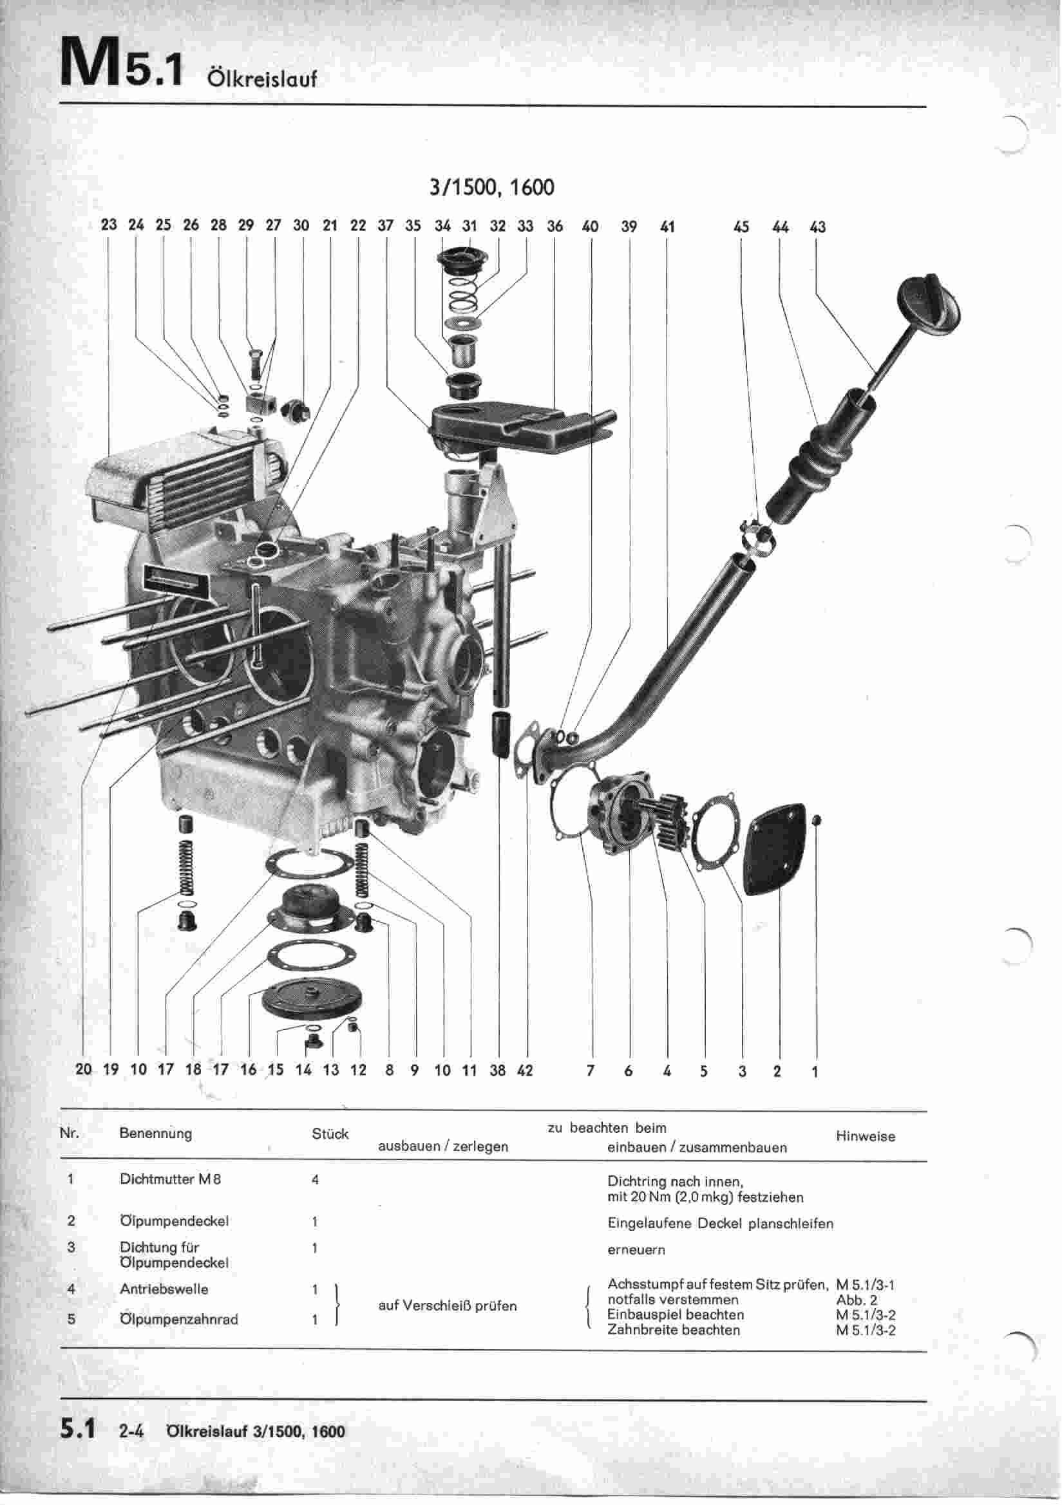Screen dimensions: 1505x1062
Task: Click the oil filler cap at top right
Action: tap(930, 305)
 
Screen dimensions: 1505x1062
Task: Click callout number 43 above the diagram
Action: tap(817, 227)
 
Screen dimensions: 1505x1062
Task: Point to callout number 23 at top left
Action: tap(109, 224)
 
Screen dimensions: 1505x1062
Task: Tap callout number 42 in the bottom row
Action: tap(526, 1070)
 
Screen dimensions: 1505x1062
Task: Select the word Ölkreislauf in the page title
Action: tap(261, 79)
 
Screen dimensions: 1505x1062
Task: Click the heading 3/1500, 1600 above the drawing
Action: tap(491, 187)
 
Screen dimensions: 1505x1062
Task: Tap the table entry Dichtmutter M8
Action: tap(170, 1179)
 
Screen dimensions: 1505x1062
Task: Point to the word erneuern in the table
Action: tap(636, 1249)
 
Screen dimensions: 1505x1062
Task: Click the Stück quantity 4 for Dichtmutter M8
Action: tap(315, 1179)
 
